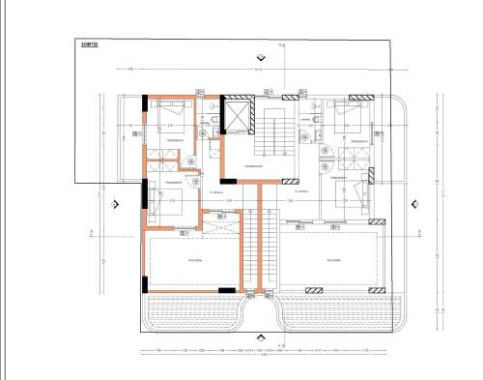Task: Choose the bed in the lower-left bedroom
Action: point(164,203)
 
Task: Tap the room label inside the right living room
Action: point(334,260)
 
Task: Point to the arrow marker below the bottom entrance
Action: point(281,345)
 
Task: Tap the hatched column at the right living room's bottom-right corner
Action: point(380,289)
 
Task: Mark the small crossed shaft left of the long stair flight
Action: point(228,220)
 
